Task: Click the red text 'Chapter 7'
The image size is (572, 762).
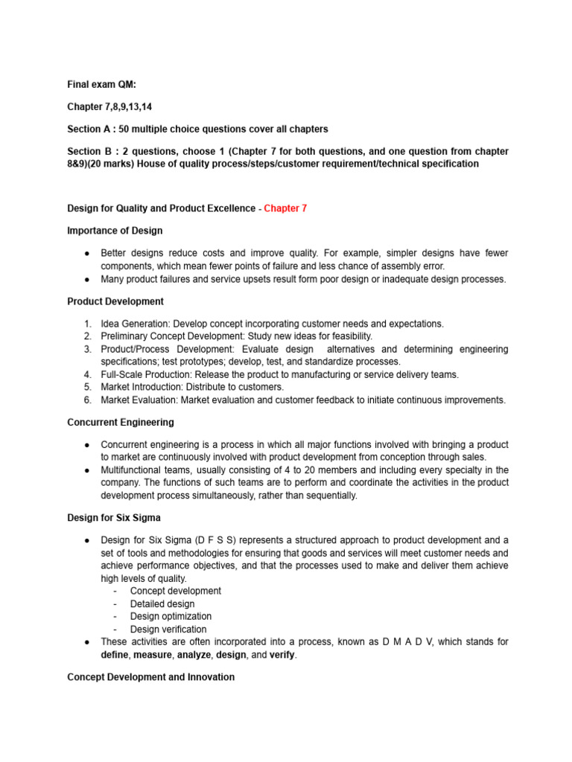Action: tap(285, 208)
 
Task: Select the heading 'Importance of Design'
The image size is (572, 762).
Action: tap(115, 230)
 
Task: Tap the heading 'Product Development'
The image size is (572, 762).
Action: tap(115, 301)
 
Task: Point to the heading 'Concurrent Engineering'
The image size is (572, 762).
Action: tap(121, 422)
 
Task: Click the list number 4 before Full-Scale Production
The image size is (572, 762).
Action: tap(87, 374)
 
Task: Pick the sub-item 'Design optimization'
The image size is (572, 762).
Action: tap(171, 616)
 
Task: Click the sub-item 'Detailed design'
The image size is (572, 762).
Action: tap(162, 603)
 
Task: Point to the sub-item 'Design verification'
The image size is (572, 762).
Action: tap(168, 629)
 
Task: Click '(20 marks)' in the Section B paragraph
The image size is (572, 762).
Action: tap(130, 164)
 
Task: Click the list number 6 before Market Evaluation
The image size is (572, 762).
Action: tap(87, 400)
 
